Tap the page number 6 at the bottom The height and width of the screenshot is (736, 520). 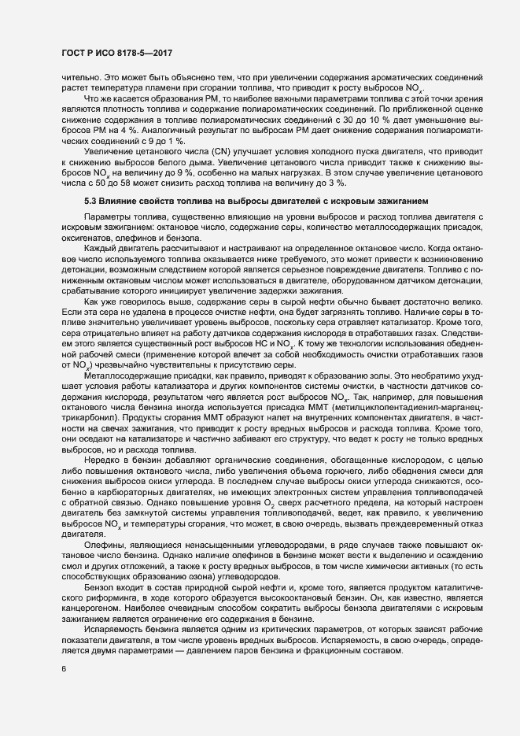point(63,668)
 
